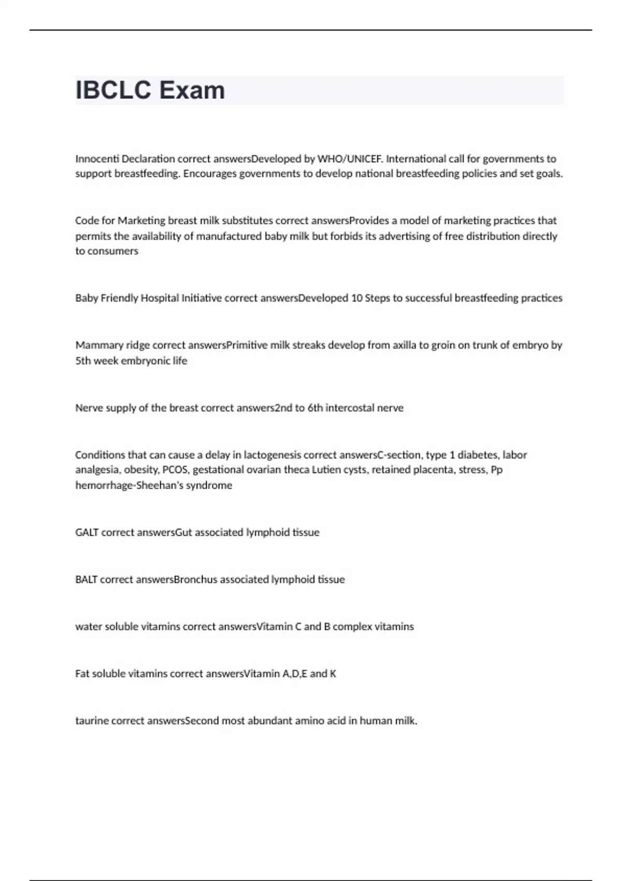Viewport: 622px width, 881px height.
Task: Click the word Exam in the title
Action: (192, 90)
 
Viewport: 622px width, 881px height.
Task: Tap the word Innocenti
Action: (97, 159)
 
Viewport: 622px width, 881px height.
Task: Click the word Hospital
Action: (160, 298)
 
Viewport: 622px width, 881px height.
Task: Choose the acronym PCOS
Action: (176, 470)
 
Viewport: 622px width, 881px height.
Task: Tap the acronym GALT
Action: (87, 532)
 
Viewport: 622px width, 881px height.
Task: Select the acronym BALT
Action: (86, 579)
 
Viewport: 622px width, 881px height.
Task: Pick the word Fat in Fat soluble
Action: (82, 674)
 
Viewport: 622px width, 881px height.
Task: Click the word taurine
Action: (92, 721)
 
